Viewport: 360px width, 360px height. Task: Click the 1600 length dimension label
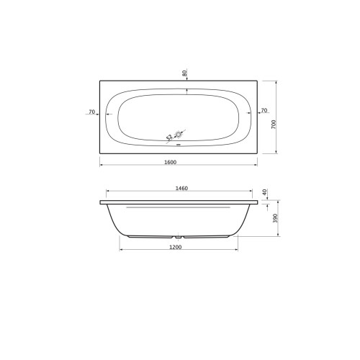[170, 162]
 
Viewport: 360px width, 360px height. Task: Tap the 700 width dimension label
[274, 125]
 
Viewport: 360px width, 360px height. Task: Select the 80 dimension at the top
[184, 73]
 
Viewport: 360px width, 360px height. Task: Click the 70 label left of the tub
[92, 112]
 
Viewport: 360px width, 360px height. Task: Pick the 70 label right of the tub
[264, 110]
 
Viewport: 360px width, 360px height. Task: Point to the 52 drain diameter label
[169, 137]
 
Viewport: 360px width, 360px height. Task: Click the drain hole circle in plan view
[179, 135]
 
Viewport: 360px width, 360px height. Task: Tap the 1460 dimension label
[181, 189]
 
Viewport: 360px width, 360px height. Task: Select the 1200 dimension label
[176, 247]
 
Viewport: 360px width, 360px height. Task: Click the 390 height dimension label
[275, 218]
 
